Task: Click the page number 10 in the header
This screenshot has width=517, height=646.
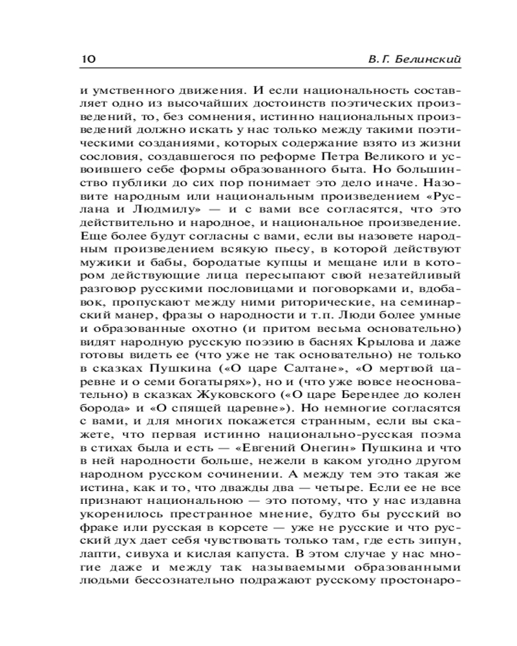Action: pos(88,59)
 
